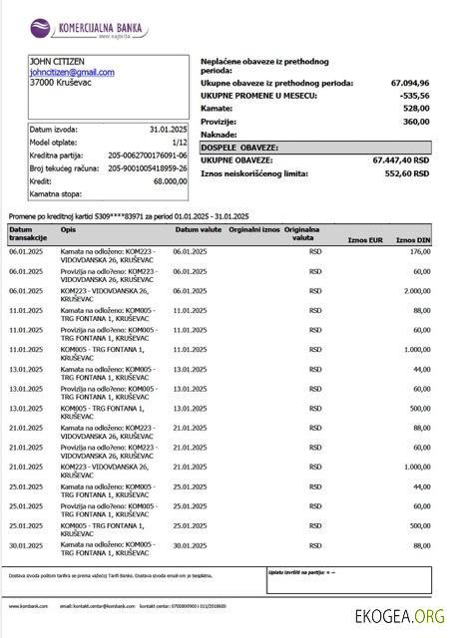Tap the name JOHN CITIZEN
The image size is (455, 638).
pyautogui.click(x=57, y=62)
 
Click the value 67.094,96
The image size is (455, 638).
pyautogui.click(x=410, y=83)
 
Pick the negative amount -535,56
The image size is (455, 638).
pyautogui.click(x=414, y=96)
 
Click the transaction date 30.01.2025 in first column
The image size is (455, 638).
pyautogui.click(x=26, y=544)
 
